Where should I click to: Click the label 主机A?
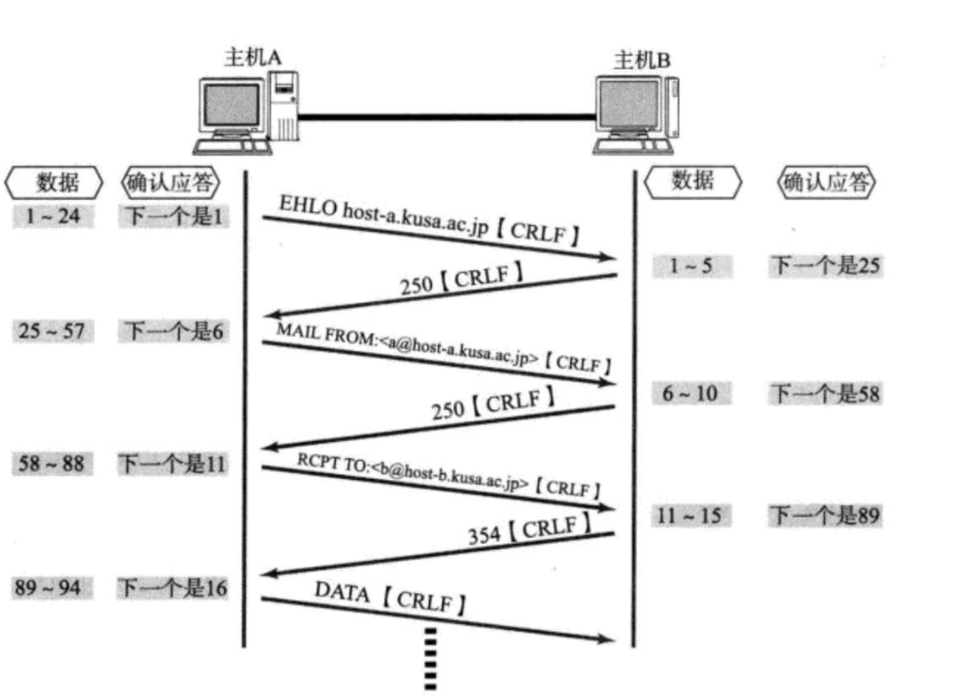[x=253, y=57]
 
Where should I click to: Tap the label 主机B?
[x=642, y=60]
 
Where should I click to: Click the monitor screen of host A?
[x=231, y=106]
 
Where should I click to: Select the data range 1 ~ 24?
[x=53, y=216]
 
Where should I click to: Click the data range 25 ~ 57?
[x=52, y=331]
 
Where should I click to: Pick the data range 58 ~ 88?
[x=52, y=463]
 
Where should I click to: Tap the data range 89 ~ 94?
[x=48, y=588]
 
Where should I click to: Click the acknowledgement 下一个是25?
[x=826, y=266]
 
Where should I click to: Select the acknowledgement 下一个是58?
[x=826, y=394]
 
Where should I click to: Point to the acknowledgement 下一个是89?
[x=826, y=515]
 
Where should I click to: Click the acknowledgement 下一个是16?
[x=173, y=588]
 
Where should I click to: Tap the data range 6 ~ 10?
[x=690, y=394]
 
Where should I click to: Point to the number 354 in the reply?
[x=484, y=535]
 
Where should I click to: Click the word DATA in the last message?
[x=341, y=592]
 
